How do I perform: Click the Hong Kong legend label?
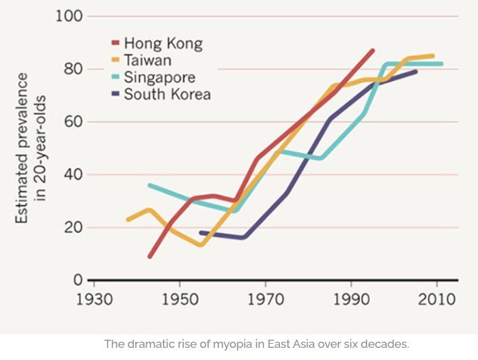pos(162,45)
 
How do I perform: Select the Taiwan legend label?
pos(149,61)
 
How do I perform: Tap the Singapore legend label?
pos(159,77)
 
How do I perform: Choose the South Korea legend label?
pos(166,94)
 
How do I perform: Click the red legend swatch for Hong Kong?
pos(115,45)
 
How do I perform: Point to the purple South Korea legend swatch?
pos(115,94)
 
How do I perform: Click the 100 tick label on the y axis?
pos(68,16)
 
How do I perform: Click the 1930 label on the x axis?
pos(93,298)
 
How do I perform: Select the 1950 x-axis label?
pos(179,298)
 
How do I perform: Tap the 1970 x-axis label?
pos(265,298)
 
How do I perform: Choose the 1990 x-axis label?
pos(351,298)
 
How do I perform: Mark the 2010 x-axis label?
pos(437,298)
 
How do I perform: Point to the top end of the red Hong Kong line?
pos(373,51)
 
